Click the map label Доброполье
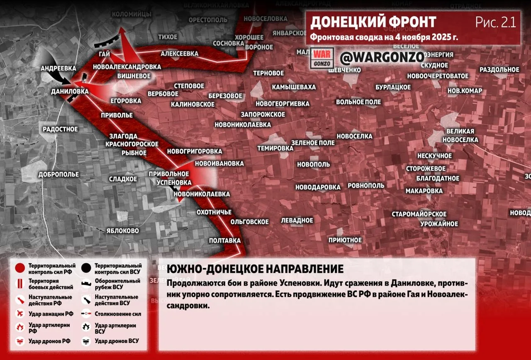58,174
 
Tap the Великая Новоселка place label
460,135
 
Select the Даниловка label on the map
70,91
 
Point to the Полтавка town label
225,240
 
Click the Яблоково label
122,230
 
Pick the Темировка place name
275,148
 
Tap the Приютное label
345,240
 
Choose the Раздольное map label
499,69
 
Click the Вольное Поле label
358,102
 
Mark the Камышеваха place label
294,87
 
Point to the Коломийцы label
132,14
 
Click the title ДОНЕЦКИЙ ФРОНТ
373,22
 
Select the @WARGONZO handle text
382,57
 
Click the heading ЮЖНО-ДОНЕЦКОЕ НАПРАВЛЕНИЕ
255,269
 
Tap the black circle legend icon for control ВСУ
87,269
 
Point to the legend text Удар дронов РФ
49,341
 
